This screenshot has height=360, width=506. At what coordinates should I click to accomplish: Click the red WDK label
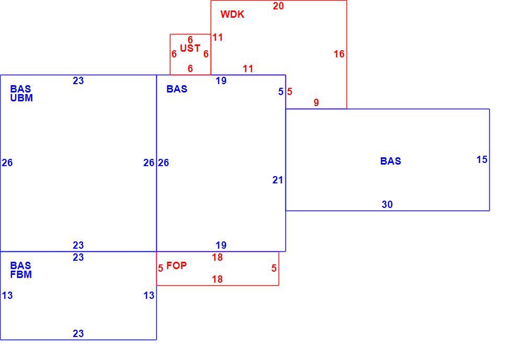click(232, 14)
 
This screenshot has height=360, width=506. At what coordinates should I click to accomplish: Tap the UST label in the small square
click(190, 49)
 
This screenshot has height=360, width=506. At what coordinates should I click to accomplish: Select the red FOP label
click(177, 265)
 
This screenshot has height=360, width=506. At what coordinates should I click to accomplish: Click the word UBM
click(21, 98)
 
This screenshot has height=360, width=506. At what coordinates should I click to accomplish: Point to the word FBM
click(21, 274)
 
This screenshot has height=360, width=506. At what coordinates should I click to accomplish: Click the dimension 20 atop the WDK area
click(278, 6)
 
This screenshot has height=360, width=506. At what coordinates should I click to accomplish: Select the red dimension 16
click(339, 54)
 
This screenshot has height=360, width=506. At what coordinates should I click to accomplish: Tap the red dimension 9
click(316, 102)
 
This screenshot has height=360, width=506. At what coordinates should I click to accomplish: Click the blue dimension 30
click(387, 204)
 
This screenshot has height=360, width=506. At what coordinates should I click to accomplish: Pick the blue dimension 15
click(482, 159)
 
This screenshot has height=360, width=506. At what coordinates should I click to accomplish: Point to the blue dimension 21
click(278, 180)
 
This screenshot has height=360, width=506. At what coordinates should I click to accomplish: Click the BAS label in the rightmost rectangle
click(390, 161)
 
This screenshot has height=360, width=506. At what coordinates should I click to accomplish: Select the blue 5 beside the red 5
click(281, 91)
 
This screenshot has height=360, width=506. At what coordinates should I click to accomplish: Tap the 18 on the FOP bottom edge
click(217, 279)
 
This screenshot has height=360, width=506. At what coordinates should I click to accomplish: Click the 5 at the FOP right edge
click(274, 268)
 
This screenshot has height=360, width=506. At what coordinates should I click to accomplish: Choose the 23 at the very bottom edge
click(78, 333)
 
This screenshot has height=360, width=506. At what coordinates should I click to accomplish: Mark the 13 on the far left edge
click(7, 295)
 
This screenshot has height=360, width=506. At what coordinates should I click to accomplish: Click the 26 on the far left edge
click(7, 162)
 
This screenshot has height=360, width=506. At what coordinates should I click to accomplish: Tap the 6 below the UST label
click(190, 68)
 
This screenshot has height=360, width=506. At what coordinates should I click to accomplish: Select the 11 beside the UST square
click(217, 38)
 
